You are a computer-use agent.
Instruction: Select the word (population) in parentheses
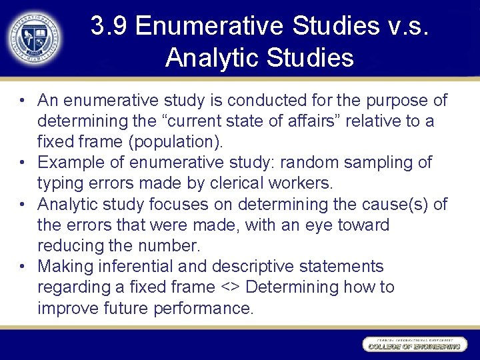click(x=193, y=142)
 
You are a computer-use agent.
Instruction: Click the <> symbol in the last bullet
click(x=229, y=288)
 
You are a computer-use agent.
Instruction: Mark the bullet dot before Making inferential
click(x=23, y=267)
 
